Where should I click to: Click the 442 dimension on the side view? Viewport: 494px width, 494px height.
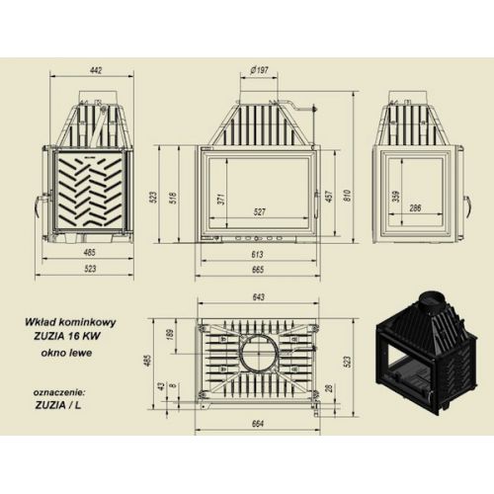[x=96, y=70]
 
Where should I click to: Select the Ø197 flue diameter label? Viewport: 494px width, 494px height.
[x=259, y=70]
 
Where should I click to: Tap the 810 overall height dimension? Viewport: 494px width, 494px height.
[x=347, y=196]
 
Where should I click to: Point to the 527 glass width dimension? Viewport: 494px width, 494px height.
[x=260, y=211]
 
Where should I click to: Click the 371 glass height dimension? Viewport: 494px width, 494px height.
[x=221, y=199]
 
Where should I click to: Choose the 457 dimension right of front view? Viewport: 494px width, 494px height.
[x=330, y=196]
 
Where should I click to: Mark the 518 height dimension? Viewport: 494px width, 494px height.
[x=174, y=198]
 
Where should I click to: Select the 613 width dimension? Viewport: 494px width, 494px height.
[x=257, y=254]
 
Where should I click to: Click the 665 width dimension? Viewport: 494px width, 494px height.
[x=258, y=270]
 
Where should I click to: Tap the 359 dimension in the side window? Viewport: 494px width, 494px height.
[x=396, y=197]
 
